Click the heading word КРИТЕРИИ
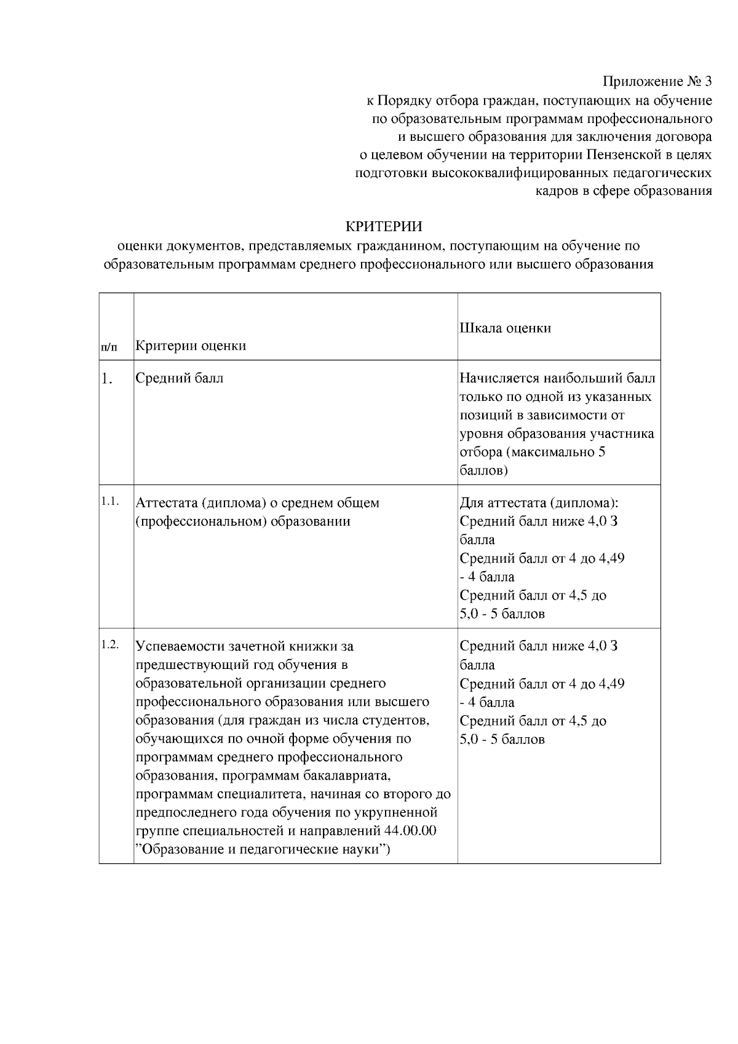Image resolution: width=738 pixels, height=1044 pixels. (384, 227)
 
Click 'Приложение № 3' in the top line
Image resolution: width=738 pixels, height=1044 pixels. (657, 81)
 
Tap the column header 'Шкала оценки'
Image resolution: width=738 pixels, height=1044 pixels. (505, 328)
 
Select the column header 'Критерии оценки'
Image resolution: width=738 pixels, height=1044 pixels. (191, 346)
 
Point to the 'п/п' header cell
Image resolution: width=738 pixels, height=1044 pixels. (108, 347)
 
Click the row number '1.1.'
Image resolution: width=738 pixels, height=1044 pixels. (109, 501)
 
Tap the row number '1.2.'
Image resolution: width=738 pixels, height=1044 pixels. (109, 644)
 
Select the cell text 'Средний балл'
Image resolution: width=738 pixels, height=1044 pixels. (179, 378)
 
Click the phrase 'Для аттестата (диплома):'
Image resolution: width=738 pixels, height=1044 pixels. (539, 503)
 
